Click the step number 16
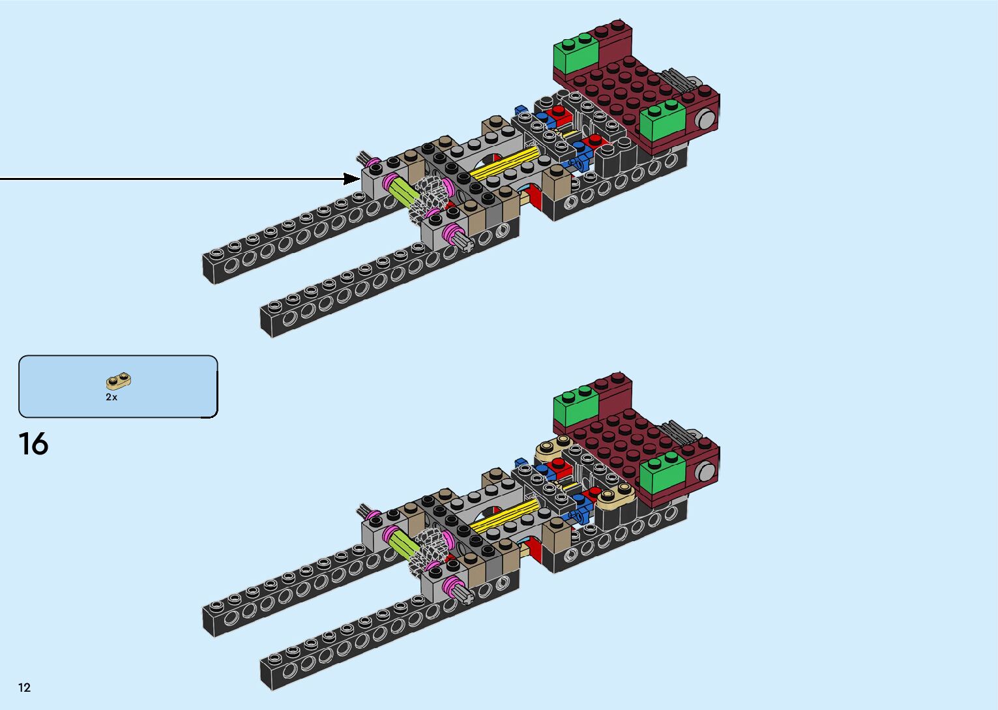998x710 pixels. point(33,444)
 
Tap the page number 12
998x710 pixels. point(25,687)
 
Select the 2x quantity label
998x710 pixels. point(111,397)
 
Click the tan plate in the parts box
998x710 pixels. point(119,381)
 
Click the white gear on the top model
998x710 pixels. point(431,196)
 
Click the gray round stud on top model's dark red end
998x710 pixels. point(705,119)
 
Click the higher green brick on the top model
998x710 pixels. point(576,54)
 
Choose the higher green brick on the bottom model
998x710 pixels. point(576,406)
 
